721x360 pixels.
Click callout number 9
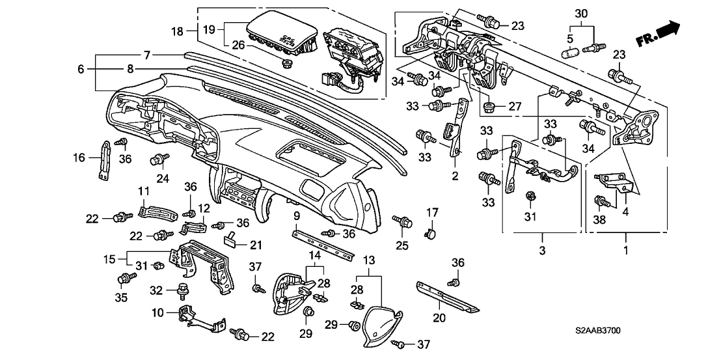tap(297, 215)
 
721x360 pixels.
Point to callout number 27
tap(515, 106)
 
